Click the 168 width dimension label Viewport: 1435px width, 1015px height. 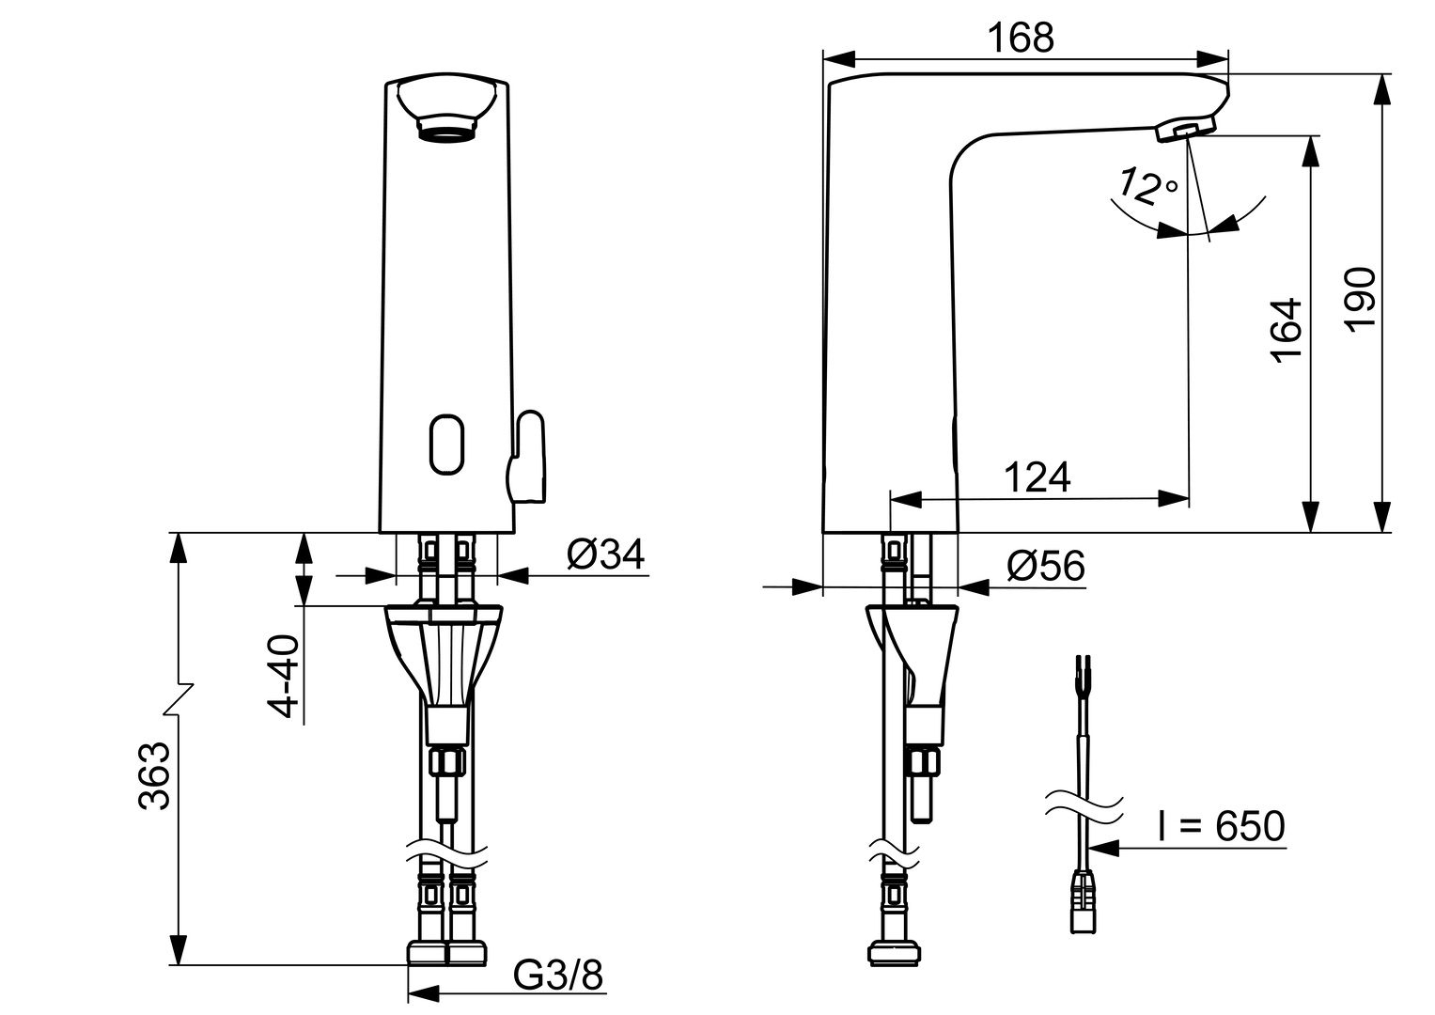tap(1021, 39)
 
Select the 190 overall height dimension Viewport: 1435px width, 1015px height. tap(1360, 297)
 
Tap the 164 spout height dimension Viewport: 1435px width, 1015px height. tap(1286, 328)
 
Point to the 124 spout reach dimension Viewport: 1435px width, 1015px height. tap(1037, 477)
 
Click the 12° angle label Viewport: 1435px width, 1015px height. tap(1144, 187)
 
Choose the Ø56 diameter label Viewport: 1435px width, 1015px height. tap(1045, 567)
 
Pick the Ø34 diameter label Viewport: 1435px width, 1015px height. tap(605, 554)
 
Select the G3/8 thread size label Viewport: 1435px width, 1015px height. tap(558, 976)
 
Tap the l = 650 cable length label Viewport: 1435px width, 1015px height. tap(1221, 827)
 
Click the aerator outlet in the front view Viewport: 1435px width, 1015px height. tap(446, 129)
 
